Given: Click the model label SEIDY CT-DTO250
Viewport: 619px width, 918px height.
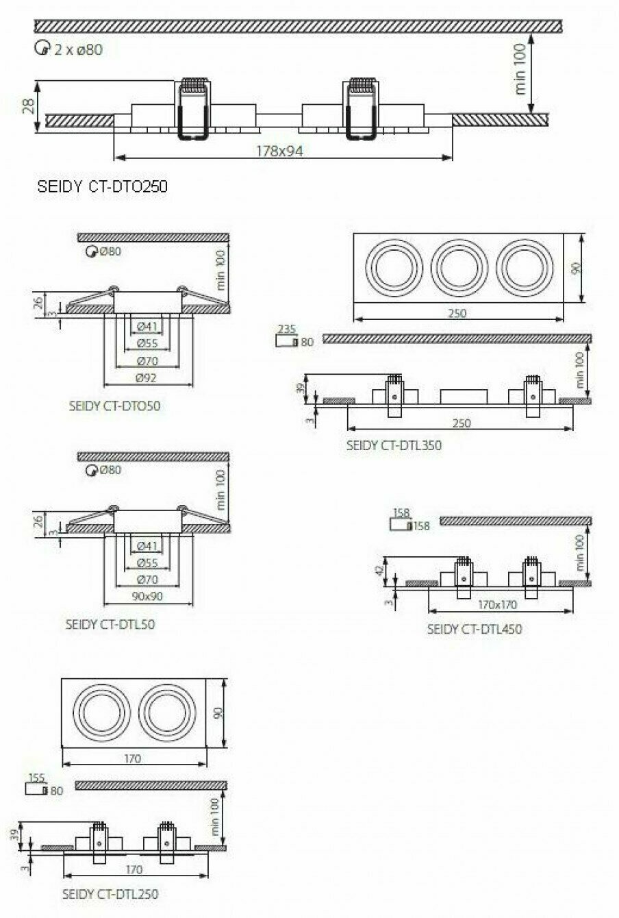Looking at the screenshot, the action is [101, 186].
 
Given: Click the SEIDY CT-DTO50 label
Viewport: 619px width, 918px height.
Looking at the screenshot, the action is [114, 406].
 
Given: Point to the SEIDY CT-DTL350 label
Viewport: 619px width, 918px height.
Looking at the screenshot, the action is [394, 445].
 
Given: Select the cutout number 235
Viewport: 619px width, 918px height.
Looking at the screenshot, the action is [286, 330].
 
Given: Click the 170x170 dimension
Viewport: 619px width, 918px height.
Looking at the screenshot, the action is [497, 605].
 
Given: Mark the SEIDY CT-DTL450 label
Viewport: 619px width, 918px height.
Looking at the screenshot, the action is [474, 629].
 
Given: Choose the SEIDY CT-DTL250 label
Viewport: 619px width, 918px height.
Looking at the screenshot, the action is [110, 894].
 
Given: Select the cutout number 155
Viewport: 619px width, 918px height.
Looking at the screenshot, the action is [37, 778].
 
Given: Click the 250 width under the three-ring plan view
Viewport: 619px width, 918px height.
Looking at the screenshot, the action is [457, 313].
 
